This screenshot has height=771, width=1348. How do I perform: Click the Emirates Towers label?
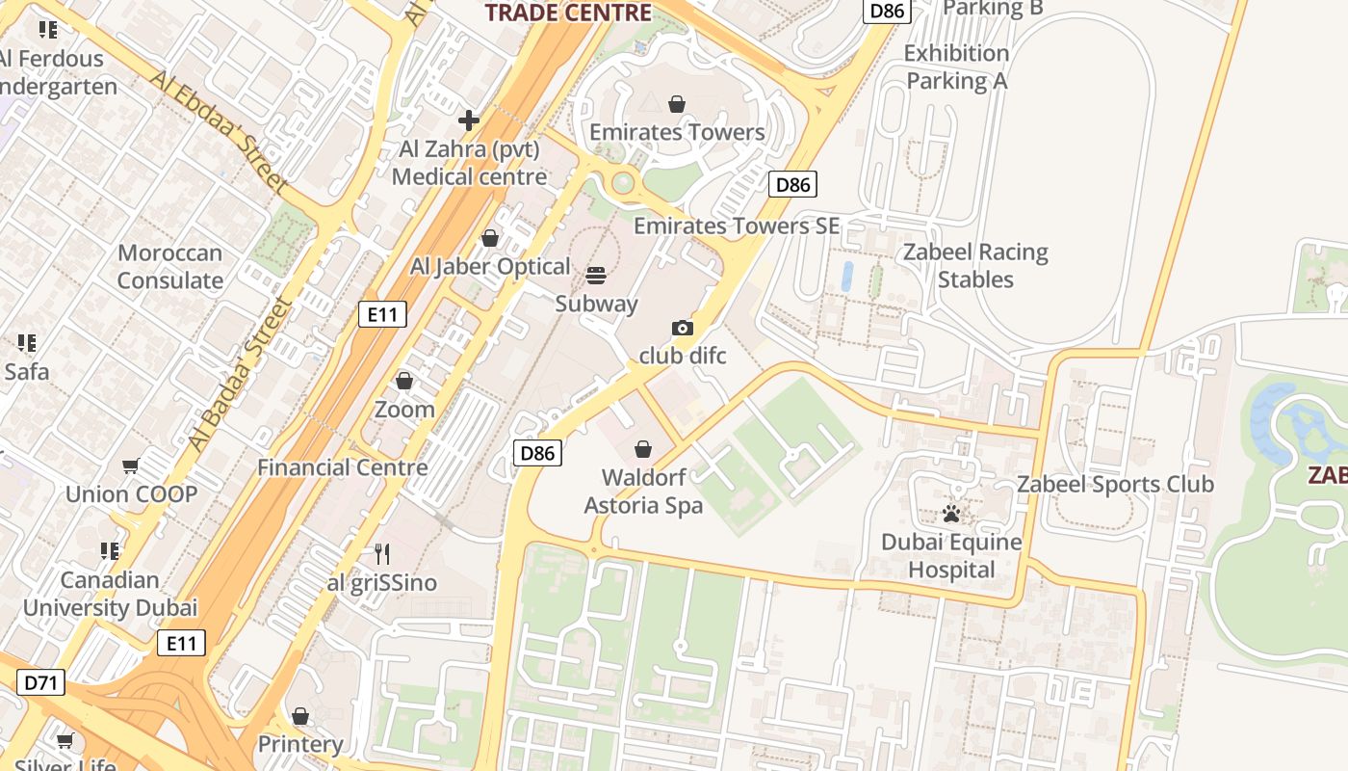(x=677, y=132)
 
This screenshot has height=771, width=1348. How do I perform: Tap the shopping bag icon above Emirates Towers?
(x=677, y=103)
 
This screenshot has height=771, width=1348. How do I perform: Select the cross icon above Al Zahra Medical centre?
(x=469, y=120)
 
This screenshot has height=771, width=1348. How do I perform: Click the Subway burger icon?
(x=596, y=276)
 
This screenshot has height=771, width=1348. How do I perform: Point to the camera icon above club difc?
(x=683, y=329)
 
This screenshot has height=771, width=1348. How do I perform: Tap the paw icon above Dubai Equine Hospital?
(x=951, y=514)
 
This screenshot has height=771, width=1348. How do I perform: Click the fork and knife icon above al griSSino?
(x=382, y=554)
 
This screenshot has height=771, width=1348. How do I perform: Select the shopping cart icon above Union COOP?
(x=131, y=466)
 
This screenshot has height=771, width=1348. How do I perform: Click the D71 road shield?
(x=41, y=683)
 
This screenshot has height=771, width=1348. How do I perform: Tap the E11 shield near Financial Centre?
(x=382, y=314)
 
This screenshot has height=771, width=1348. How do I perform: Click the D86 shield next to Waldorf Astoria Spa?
(x=537, y=453)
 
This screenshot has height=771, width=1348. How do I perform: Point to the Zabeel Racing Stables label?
(x=975, y=266)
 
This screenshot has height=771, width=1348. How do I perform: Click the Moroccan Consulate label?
(x=170, y=267)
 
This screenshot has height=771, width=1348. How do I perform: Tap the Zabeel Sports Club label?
(x=1115, y=484)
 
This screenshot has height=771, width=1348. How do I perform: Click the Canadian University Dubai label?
(x=110, y=594)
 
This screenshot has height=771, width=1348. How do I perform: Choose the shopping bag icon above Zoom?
(x=404, y=382)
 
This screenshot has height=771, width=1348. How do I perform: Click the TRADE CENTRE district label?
(x=568, y=12)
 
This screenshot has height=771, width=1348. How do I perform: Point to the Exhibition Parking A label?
(x=956, y=66)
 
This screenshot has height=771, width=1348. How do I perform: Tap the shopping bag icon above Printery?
(x=300, y=716)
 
